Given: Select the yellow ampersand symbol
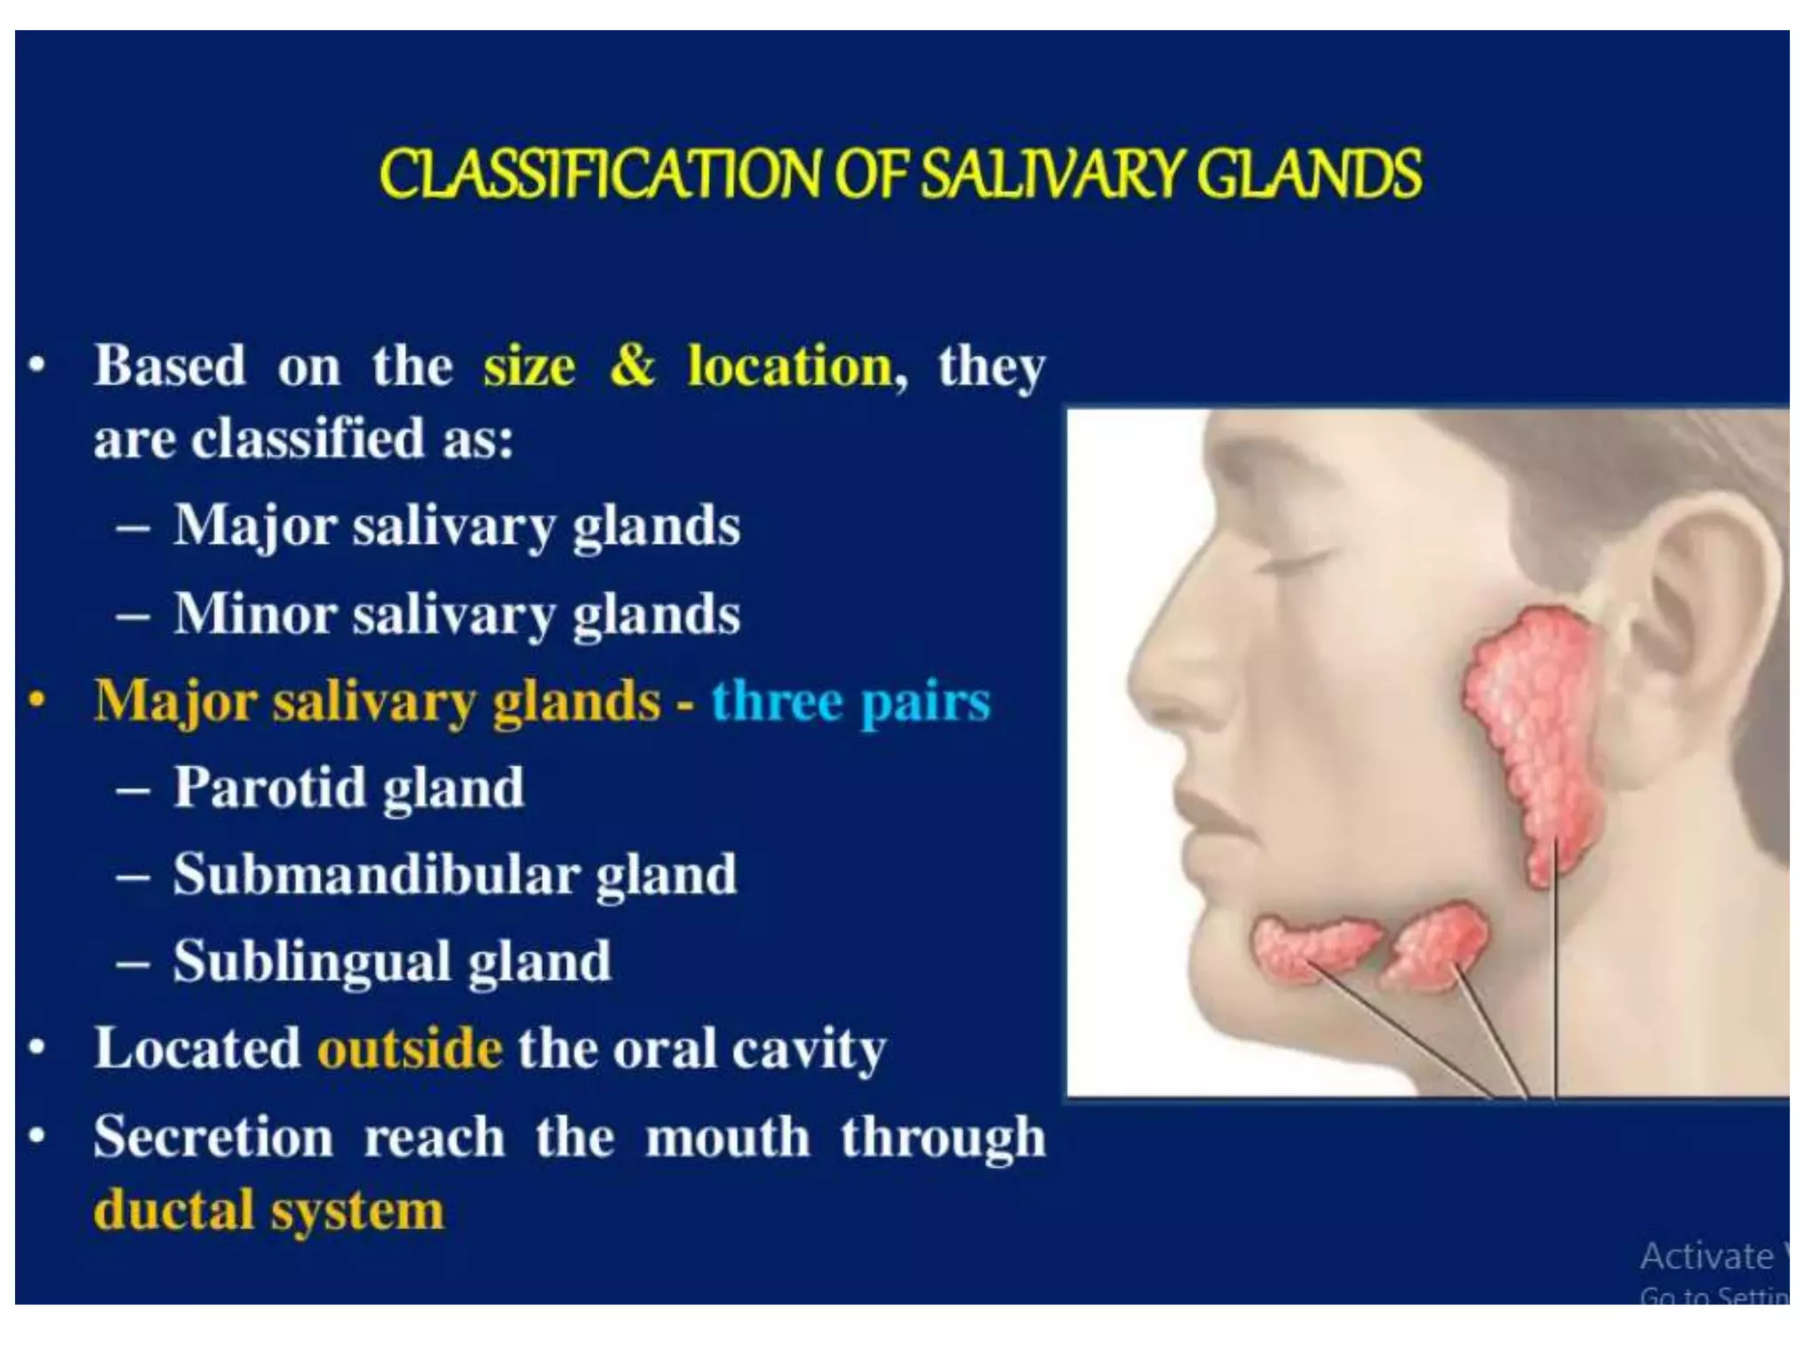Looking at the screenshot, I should (x=632, y=365).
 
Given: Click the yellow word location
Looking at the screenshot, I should (x=790, y=365).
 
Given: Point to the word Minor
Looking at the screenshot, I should (x=255, y=613).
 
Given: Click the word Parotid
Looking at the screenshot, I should (x=269, y=787).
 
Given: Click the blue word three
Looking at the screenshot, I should (x=776, y=701).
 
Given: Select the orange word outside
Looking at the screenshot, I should (x=410, y=1049).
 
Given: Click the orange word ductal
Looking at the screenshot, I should (x=174, y=1210).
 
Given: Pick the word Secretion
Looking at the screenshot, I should (x=214, y=1137).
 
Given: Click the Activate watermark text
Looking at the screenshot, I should (x=1706, y=1256).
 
